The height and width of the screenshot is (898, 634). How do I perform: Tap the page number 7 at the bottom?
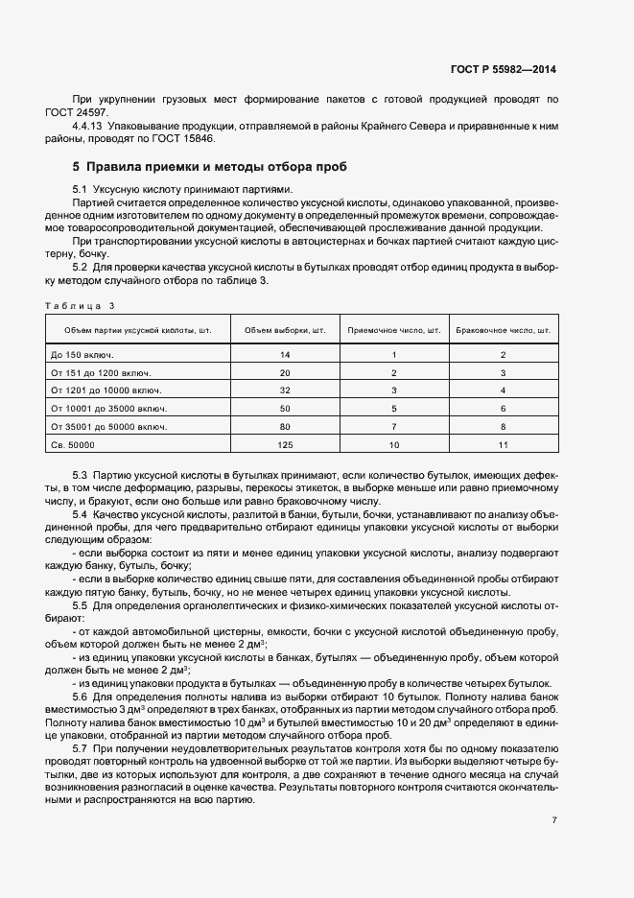pyautogui.click(x=554, y=820)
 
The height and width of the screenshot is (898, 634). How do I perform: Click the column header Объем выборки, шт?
pyautogui.click(x=285, y=330)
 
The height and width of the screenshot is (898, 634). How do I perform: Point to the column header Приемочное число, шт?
pyautogui.click(x=393, y=330)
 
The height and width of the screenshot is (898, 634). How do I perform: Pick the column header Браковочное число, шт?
pyautogui.click(x=503, y=330)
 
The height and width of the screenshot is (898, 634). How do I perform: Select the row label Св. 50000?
pyautogui.click(x=73, y=445)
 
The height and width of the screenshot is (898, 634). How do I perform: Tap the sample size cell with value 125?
pyautogui.click(x=285, y=445)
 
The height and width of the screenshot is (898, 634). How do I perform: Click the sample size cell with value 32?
pyautogui.click(x=285, y=390)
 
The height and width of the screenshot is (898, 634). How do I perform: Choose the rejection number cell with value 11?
pyautogui.click(x=503, y=445)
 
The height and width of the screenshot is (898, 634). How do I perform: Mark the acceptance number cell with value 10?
pyautogui.click(x=393, y=445)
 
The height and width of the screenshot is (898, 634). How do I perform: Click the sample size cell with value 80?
pyautogui.click(x=285, y=427)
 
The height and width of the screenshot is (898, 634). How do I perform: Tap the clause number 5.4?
pyautogui.click(x=81, y=515)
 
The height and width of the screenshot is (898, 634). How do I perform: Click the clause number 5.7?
pyautogui.click(x=81, y=746)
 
